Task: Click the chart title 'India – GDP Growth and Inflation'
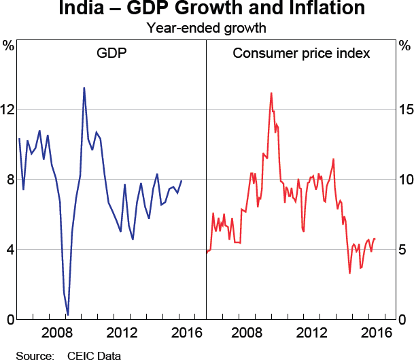[x=207, y=10]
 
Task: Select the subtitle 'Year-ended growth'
[x=207, y=29]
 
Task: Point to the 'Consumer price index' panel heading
[x=301, y=53]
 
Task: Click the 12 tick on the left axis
[x=7, y=109]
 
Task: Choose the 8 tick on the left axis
[x=9, y=180]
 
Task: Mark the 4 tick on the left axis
[x=9, y=250]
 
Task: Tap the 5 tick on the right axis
[x=406, y=250]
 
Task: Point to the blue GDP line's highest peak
[x=84, y=88]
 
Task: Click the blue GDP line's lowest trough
[x=68, y=315]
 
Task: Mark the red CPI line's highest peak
[x=271, y=93]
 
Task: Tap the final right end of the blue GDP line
[x=182, y=181]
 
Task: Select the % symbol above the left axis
[x=8, y=46]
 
